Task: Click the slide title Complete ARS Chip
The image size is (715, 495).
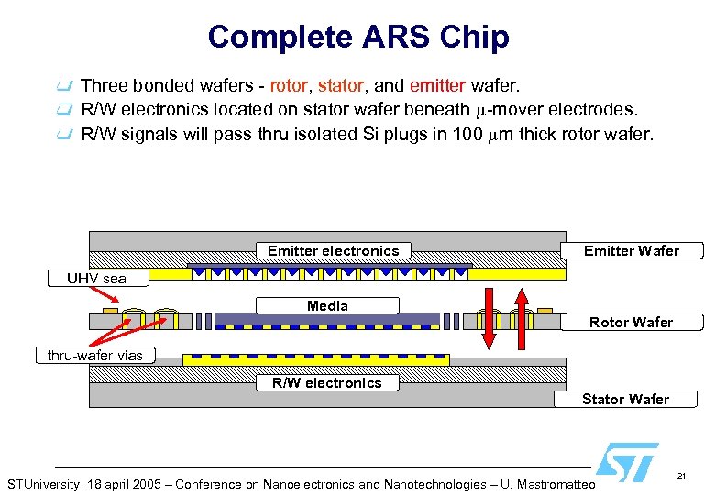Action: click(357, 37)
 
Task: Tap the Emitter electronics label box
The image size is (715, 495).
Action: click(333, 250)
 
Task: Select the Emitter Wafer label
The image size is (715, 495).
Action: click(632, 250)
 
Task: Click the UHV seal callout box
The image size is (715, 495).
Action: click(96, 278)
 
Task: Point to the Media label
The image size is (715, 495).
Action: click(327, 305)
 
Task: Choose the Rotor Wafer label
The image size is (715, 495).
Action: click(631, 322)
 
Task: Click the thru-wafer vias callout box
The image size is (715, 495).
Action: click(95, 355)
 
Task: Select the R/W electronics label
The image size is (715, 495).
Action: click(326, 382)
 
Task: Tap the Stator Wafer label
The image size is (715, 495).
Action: click(625, 399)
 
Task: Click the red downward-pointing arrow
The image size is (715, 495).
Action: click(489, 317)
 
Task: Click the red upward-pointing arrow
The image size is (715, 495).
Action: click(522, 317)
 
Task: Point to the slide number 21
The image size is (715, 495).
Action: click(681, 476)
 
